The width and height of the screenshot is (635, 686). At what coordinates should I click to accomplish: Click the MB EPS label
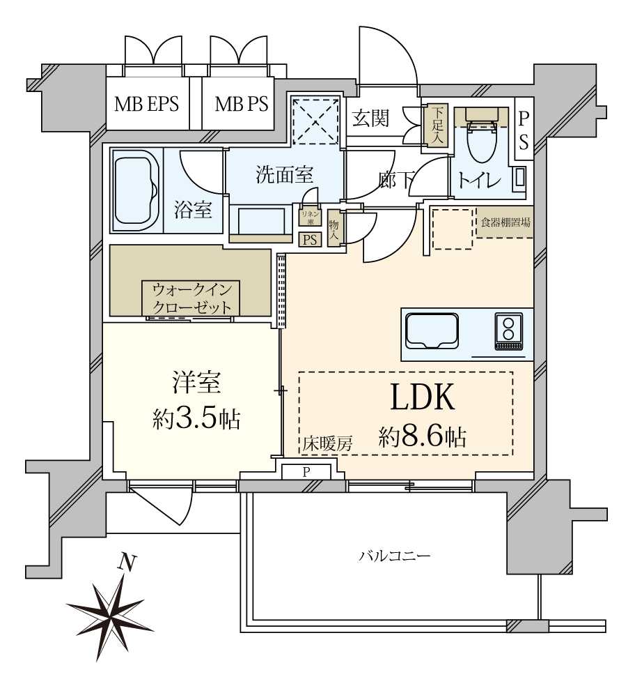pos(147,105)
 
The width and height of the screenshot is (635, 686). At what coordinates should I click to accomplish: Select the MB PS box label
pos(241,105)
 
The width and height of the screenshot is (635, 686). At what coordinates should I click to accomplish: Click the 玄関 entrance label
pos(369,119)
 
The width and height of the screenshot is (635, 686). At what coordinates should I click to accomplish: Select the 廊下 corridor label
pos(395,180)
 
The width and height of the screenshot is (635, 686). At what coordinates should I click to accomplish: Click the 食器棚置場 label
pos(505,223)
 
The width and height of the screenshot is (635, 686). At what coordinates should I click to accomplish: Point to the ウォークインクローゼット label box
pos(191,298)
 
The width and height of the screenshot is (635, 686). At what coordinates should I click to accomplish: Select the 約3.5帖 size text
pos(196,419)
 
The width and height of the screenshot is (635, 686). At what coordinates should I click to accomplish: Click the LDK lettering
pos(422,397)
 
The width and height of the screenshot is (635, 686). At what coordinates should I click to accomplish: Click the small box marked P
pos(306,472)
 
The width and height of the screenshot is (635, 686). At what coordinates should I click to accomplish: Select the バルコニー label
pos(395,556)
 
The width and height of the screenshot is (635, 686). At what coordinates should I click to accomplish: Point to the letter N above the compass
pos(125,562)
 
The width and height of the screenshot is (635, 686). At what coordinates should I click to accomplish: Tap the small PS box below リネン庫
pos(309,239)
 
